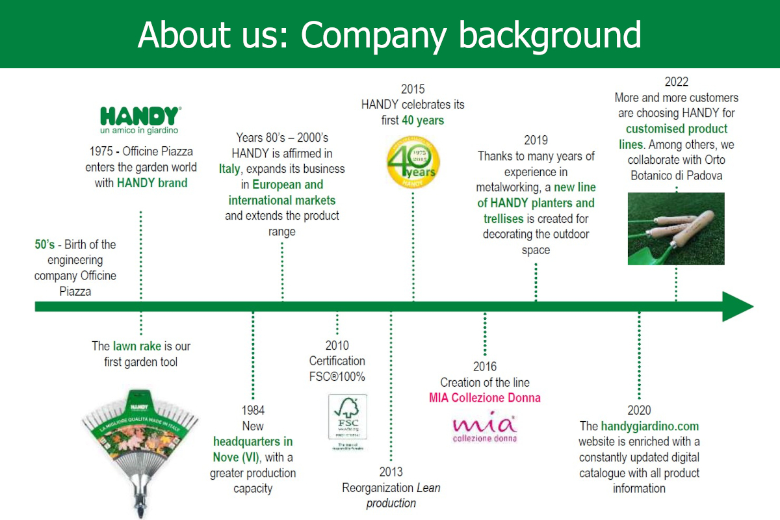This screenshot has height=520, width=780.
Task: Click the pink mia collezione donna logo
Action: pyautogui.click(x=484, y=427)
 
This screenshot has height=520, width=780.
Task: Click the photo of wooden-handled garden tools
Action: pyautogui.click(x=676, y=228)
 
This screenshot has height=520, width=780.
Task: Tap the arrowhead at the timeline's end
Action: pyautogui.click(x=737, y=306)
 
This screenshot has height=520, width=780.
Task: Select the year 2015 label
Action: pyautogui.click(x=413, y=89)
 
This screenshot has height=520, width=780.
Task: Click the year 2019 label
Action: pyautogui.click(x=536, y=140)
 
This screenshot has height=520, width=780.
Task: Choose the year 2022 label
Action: pyautogui.click(x=676, y=82)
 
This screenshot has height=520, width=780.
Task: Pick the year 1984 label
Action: pyautogui.click(x=253, y=410)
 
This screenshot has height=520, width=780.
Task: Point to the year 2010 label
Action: pyautogui.click(x=337, y=346)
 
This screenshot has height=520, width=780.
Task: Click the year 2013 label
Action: pyautogui.click(x=391, y=472)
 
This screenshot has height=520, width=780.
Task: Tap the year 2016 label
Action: pyautogui.click(x=484, y=367)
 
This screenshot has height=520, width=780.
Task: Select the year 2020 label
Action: pyautogui.click(x=639, y=410)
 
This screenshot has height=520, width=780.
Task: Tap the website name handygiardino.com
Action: pyautogui.click(x=649, y=426)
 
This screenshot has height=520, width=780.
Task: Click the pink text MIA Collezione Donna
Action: pyautogui.click(x=484, y=398)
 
